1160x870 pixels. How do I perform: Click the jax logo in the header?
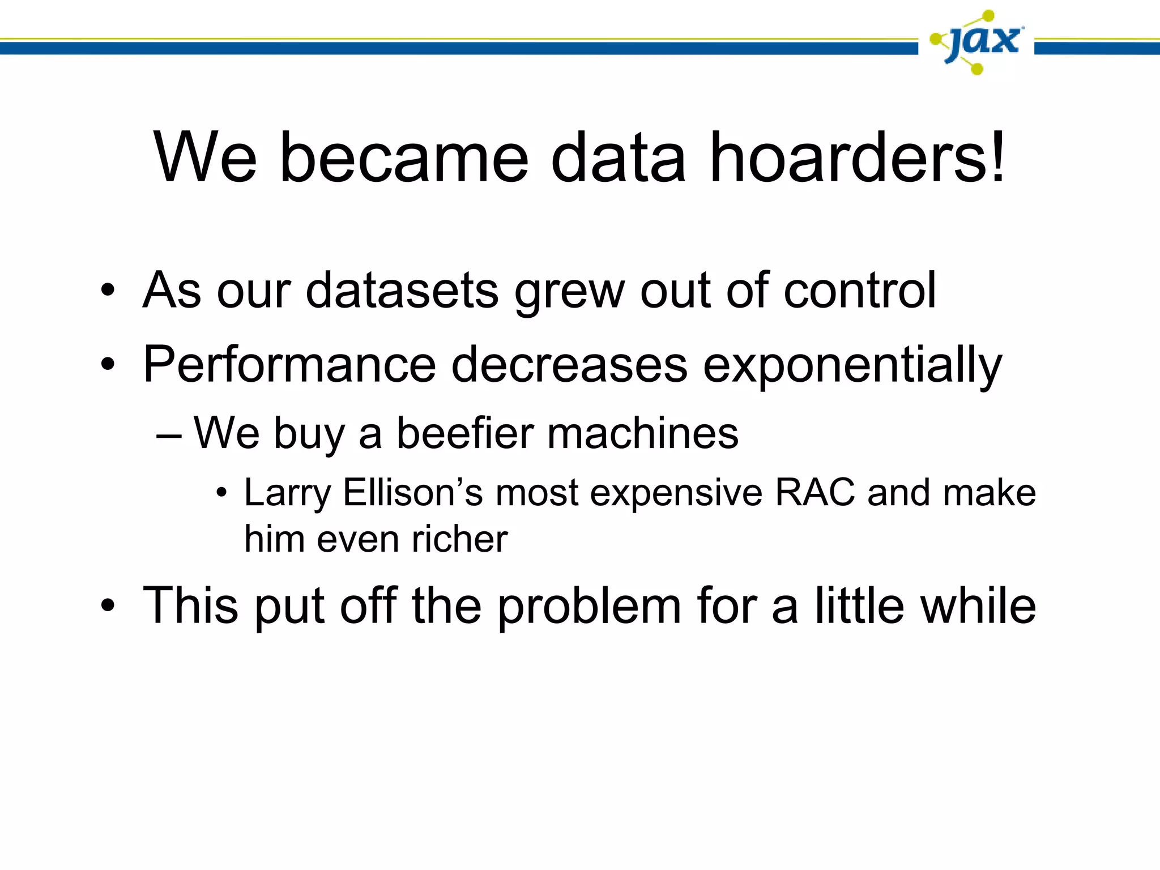point(976,42)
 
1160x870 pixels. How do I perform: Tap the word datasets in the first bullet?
point(402,290)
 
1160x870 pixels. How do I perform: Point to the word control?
point(859,290)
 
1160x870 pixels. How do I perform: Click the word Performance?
point(289,365)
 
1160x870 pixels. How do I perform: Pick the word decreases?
point(569,365)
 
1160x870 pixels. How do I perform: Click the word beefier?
point(465,433)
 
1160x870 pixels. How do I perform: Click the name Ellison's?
point(413,492)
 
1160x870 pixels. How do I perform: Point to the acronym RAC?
point(814,492)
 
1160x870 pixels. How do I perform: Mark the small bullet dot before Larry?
point(221,493)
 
